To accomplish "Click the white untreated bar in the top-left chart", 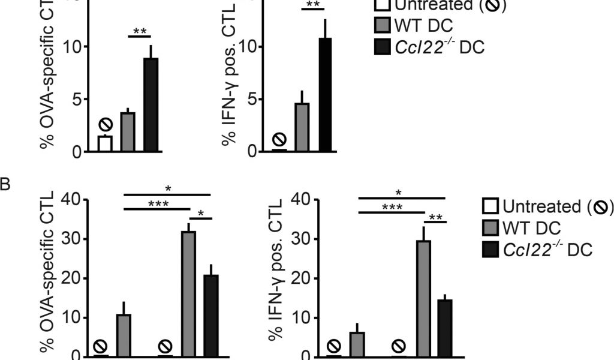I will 105,144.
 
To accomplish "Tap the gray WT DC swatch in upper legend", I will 383,25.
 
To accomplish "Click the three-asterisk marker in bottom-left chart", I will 157,204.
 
